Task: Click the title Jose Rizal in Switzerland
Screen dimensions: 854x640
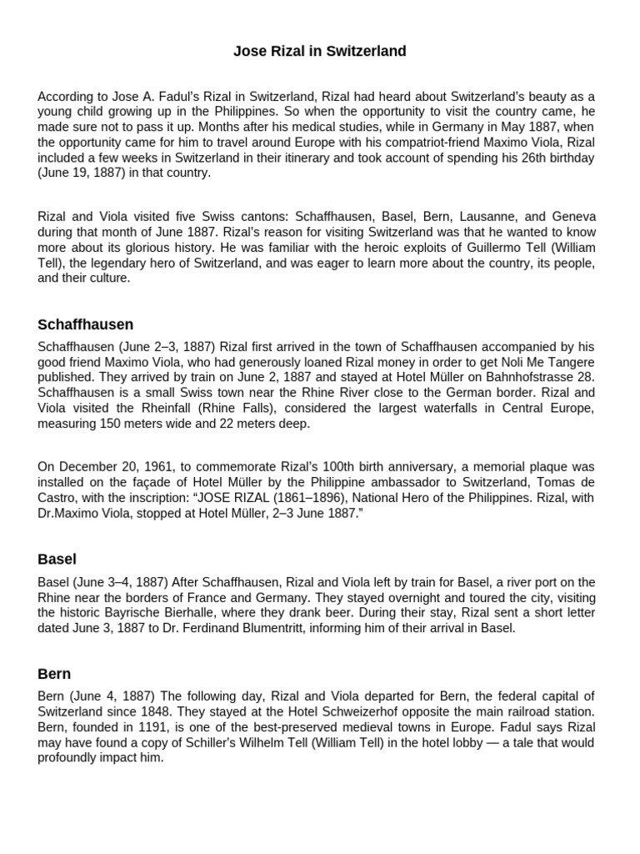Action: click(x=320, y=52)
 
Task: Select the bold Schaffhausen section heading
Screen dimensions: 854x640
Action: click(x=85, y=324)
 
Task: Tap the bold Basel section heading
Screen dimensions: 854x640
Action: click(x=57, y=559)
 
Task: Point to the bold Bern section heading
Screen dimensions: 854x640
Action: click(x=54, y=673)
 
